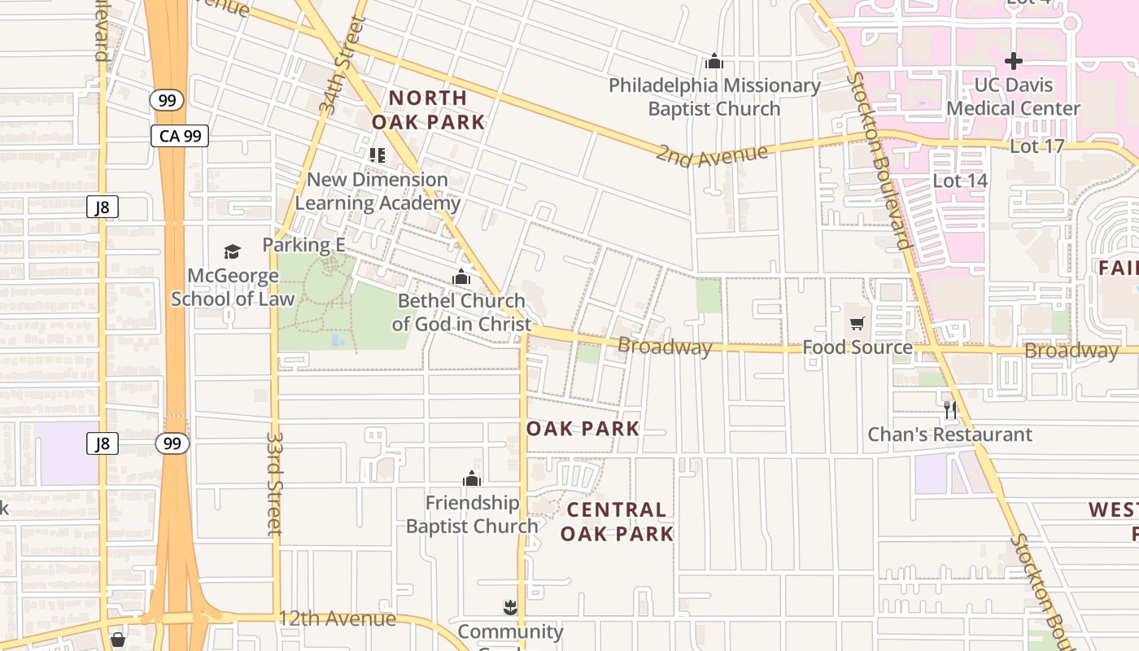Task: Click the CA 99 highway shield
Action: point(180,136)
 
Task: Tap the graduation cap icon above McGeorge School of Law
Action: point(233,251)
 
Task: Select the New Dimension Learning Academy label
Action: point(377,191)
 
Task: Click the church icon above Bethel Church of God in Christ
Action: point(461,277)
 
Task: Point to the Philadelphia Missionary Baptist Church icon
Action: point(714,61)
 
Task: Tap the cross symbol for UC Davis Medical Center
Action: point(1013,61)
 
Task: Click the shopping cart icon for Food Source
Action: point(857,324)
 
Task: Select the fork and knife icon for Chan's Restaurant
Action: point(949,410)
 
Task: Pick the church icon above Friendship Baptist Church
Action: point(472,478)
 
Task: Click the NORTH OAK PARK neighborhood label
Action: point(428,110)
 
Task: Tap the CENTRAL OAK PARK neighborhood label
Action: point(617,522)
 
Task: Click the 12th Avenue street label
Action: point(337,618)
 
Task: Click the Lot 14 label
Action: point(960,181)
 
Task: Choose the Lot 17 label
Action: point(1036,146)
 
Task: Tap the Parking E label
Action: point(303,245)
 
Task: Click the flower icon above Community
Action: point(510,607)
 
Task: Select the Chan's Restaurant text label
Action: point(949,435)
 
